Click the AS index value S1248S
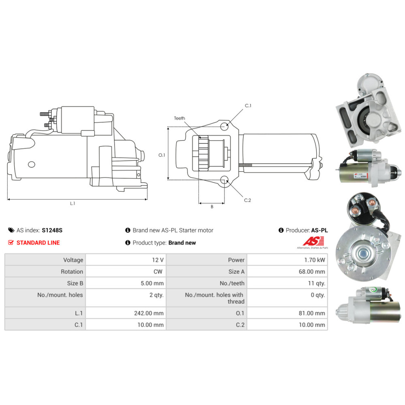(52, 230)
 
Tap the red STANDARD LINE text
(38, 243)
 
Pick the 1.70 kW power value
(314, 260)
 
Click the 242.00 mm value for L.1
(149, 313)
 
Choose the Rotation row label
(72, 271)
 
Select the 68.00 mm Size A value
(312, 271)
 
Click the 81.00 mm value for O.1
(312, 313)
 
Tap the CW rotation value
(158, 271)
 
